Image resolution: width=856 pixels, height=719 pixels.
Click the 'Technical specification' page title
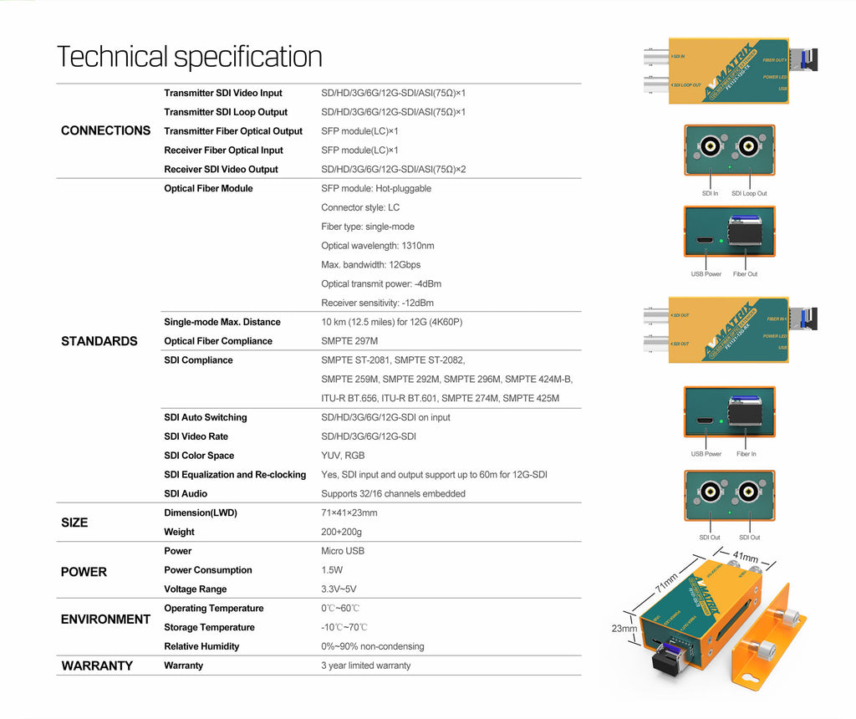(190, 57)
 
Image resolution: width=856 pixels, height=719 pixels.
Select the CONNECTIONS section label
(106, 130)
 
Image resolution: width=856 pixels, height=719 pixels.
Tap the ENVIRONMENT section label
(105, 620)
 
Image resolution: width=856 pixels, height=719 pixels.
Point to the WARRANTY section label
(97, 665)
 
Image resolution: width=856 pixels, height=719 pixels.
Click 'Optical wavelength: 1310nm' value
(378, 246)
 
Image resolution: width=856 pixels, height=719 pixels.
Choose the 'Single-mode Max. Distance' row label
(222, 322)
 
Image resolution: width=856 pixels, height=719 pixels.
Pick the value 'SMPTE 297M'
(349, 341)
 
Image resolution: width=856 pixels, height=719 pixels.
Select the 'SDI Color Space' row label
(199, 456)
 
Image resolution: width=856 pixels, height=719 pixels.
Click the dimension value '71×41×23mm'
(349, 512)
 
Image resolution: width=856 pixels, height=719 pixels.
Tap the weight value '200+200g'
(341, 532)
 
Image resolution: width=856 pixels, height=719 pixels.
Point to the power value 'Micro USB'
(343, 551)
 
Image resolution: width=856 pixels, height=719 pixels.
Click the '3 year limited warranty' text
(366, 665)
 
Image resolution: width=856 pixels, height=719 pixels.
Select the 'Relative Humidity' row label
(202, 646)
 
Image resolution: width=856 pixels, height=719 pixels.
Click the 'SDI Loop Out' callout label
(749, 193)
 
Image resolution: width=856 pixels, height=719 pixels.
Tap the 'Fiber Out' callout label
(745, 274)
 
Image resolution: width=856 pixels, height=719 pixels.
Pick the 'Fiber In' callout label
(746, 454)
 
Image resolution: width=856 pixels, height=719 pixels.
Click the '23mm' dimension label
(624, 629)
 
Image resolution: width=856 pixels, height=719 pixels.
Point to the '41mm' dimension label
(745, 557)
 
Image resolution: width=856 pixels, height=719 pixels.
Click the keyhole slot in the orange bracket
(752, 679)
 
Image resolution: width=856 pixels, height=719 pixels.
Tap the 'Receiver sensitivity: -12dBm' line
(377, 303)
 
